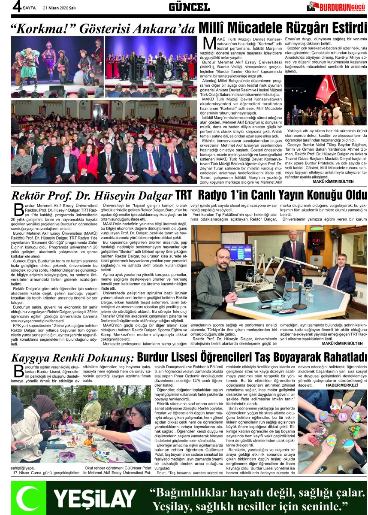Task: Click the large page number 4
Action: (16, 6)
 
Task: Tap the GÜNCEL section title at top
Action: (189, 7)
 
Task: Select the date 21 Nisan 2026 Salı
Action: (60, 8)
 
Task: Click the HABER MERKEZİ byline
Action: (341, 385)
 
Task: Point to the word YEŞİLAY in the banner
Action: (94, 498)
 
